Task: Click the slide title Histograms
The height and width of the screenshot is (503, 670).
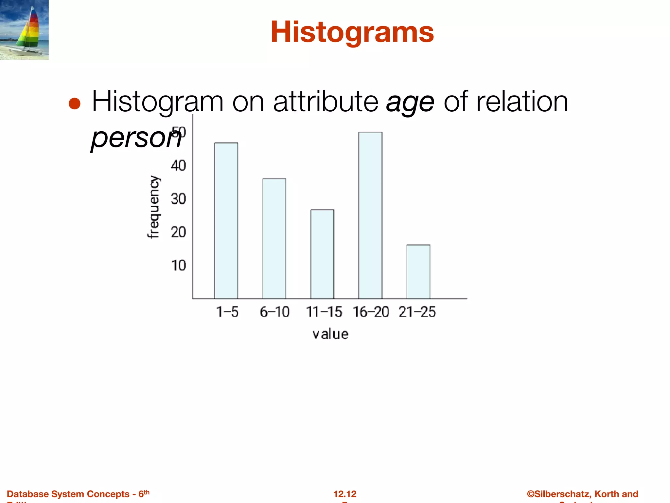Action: click(x=352, y=32)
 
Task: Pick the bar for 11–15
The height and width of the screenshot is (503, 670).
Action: click(x=322, y=254)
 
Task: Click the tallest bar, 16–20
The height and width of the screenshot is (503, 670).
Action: click(x=370, y=215)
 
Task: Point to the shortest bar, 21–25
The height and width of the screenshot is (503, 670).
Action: click(x=418, y=271)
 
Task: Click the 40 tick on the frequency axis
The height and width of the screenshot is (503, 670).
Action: click(x=178, y=166)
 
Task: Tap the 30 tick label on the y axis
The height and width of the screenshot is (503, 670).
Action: click(x=178, y=199)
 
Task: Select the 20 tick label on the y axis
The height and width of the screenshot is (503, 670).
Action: click(x=178, y=233)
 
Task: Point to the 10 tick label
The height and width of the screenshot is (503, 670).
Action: click(x=178, y=266)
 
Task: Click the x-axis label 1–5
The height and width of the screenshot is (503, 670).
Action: click(x=227, y=312)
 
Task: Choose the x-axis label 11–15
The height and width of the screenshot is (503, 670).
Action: click(x=324, y=312)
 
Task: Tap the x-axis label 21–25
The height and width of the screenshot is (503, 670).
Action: click(x=417, y=312)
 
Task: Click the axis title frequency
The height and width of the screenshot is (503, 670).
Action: click(x=153, y=207)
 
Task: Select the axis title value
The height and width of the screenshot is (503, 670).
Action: click(x=330, y=334)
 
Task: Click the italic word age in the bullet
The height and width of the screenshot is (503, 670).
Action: click(x=410, y=102)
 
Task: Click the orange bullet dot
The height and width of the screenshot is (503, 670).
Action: click(x=75, y=104)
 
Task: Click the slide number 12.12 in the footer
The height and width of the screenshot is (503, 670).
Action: click(x=345, y=494)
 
